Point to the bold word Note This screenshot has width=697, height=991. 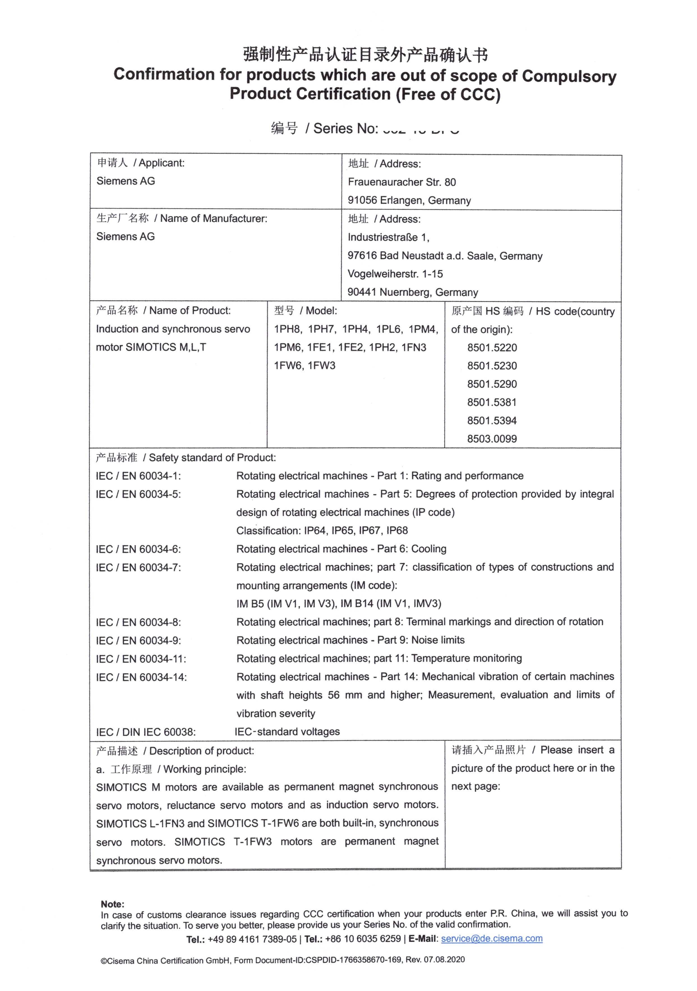pyautogui.click(x=112, y=904)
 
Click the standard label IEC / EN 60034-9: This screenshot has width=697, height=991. pyautogui.click(x=138, y=640)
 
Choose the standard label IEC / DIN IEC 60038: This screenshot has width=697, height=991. pyautogui.click(x=146, y=732)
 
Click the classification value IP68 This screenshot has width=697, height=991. pyautogui.click(x=397, y=531)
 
